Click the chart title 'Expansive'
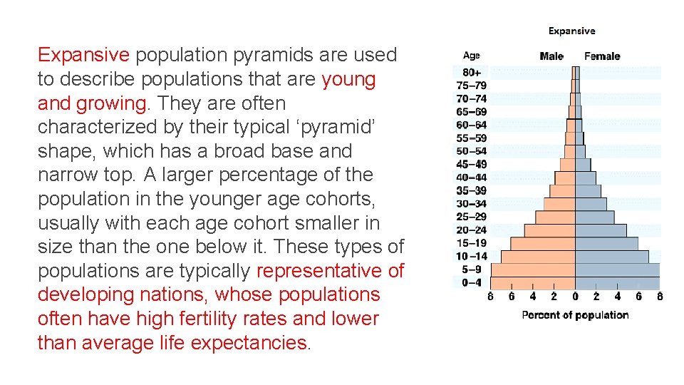coord(571,31)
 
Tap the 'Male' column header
coord(551,56)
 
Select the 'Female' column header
coord(602,56)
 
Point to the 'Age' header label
coord(471,56)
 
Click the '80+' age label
coord(471,72)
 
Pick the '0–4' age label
coord(471,282)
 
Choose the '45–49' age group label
coord(471,164)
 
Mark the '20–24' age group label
coord(471,230)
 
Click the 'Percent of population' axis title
coord(575,315)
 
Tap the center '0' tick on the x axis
coord(575,296)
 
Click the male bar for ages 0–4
coord(533,282)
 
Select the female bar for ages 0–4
coord(618,282)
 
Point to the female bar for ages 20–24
coord(601,230)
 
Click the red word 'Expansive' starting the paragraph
coord(83,56)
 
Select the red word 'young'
coord(348,79)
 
